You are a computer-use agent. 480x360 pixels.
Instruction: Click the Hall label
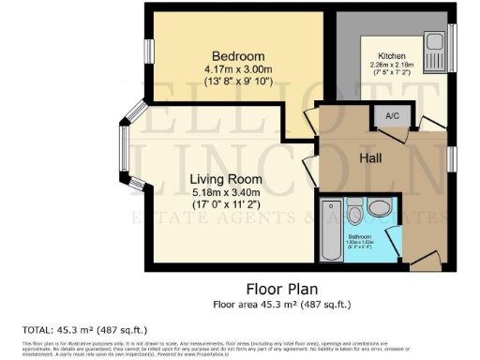374,159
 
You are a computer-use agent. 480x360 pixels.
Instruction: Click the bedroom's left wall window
149,52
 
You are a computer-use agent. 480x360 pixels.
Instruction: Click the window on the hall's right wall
451,159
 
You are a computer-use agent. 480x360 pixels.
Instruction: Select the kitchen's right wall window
452,47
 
